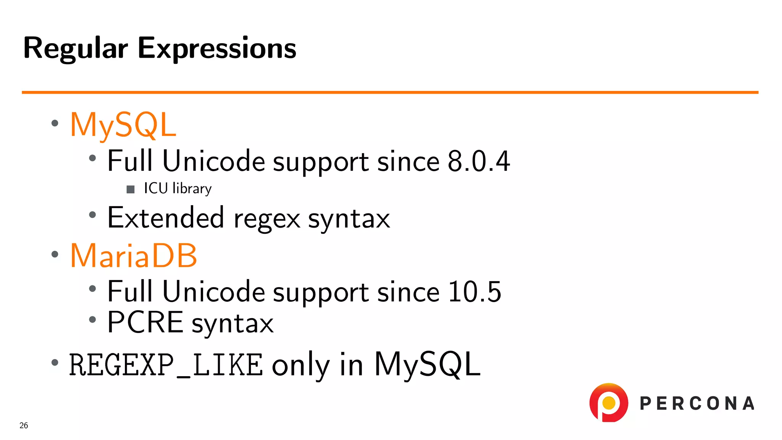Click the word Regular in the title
75,49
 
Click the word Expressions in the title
217,49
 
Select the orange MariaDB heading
134,256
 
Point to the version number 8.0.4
478,161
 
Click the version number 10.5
474,292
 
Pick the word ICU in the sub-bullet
155,188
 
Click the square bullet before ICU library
131,189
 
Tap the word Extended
165,218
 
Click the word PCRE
145,322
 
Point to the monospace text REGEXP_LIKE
166,365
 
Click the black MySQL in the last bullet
427,364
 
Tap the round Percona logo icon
609,403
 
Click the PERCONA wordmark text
697,404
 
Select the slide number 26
24,425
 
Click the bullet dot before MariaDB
55,254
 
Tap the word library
192,189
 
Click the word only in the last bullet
301,365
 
